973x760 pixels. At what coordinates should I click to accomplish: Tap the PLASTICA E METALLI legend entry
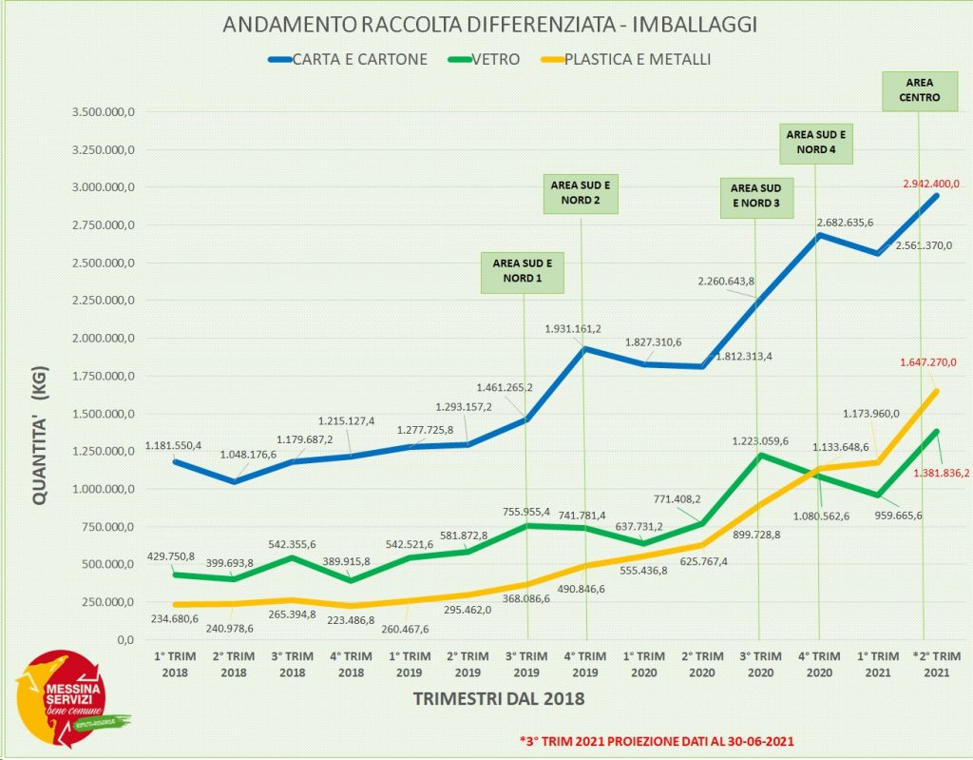coord(638,59)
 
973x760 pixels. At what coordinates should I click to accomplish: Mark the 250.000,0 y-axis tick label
coord(103,602)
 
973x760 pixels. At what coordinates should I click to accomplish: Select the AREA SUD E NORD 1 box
coord(523,270)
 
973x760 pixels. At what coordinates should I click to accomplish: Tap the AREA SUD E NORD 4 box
coord(817,142)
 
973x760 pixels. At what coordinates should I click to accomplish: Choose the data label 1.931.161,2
coord(573,329)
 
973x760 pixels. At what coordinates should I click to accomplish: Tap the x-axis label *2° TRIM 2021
coord(936,664)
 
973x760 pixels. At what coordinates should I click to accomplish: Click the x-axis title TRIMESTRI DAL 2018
coord(499,699)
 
